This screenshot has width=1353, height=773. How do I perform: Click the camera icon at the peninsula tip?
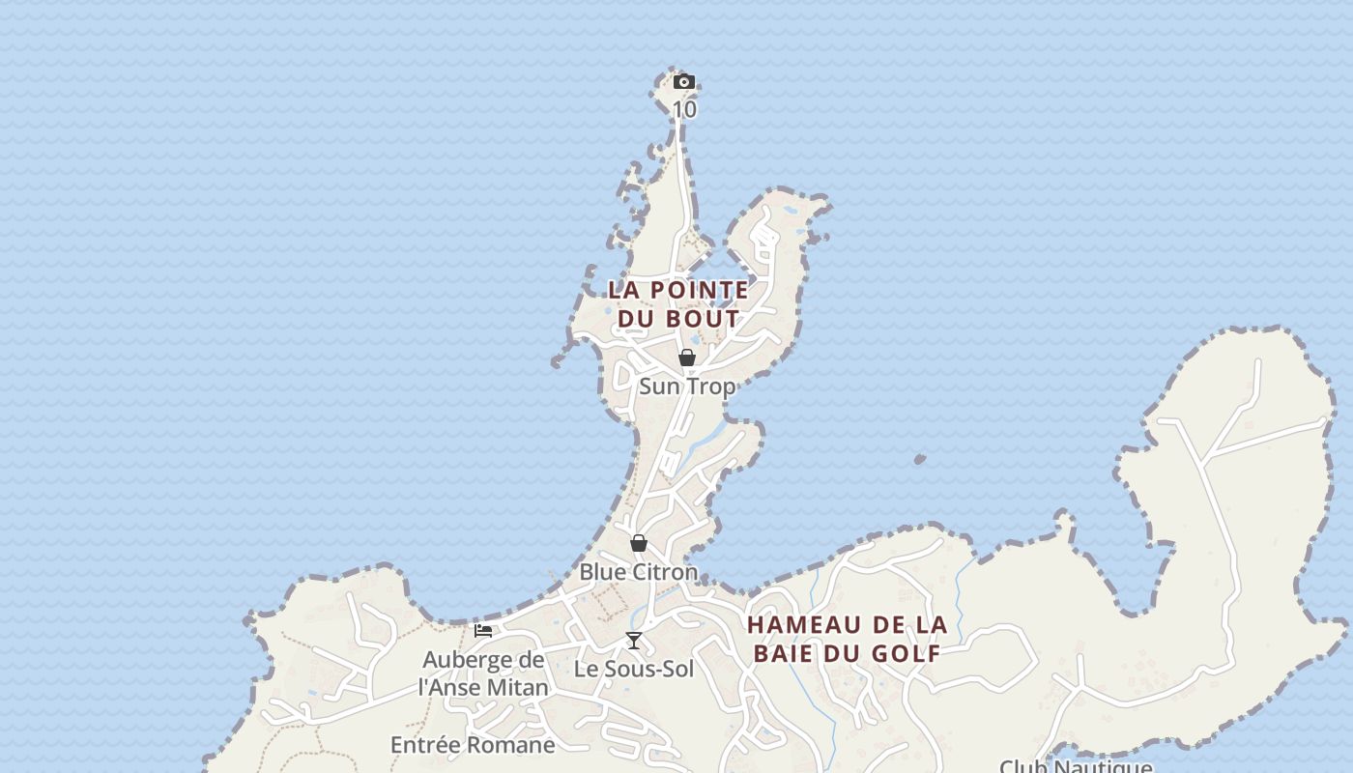tap(683, 81)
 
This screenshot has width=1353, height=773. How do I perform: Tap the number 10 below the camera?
tap(684, 109)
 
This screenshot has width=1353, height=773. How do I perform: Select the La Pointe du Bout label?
tap(678, 303)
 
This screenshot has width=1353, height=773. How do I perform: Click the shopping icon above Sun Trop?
tap(687, 358)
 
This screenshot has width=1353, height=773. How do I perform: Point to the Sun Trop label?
tap(687, 386)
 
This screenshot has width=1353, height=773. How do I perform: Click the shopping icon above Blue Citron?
tap(638, 543)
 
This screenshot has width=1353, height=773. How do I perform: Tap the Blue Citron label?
tap(638, 572)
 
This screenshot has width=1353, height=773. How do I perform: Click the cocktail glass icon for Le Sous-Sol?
tap(634, 640)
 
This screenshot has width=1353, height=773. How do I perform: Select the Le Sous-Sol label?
tap(634, 669)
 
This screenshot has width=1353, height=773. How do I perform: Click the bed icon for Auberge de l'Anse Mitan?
tap(483, 631)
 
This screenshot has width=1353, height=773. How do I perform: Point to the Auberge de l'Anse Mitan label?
tap(483, 673)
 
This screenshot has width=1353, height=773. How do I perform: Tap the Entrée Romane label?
tap(473, 745)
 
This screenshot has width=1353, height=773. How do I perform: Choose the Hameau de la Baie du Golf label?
tap(847, 639)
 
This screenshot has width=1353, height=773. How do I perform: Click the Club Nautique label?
tap(1075, 766)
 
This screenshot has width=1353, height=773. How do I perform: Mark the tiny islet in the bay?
tap(919, 459)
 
